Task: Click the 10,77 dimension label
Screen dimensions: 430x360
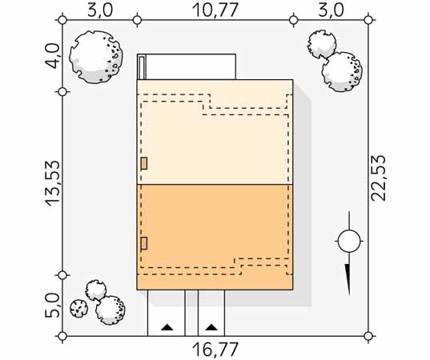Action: (x=215, y=10)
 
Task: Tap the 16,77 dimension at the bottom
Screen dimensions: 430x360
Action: (x=215, y=350)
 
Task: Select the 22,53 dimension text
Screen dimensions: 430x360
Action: (x=378, y=178)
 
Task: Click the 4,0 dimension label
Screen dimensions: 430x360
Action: (x=52, y=56)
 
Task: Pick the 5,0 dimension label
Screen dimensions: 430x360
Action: (x=52, y=306)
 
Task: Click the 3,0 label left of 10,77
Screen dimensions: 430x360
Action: (x=100, y=10)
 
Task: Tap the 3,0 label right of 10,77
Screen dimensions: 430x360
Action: (x=331, y=10)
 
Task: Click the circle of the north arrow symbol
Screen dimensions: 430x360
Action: (x=349, y=242)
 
